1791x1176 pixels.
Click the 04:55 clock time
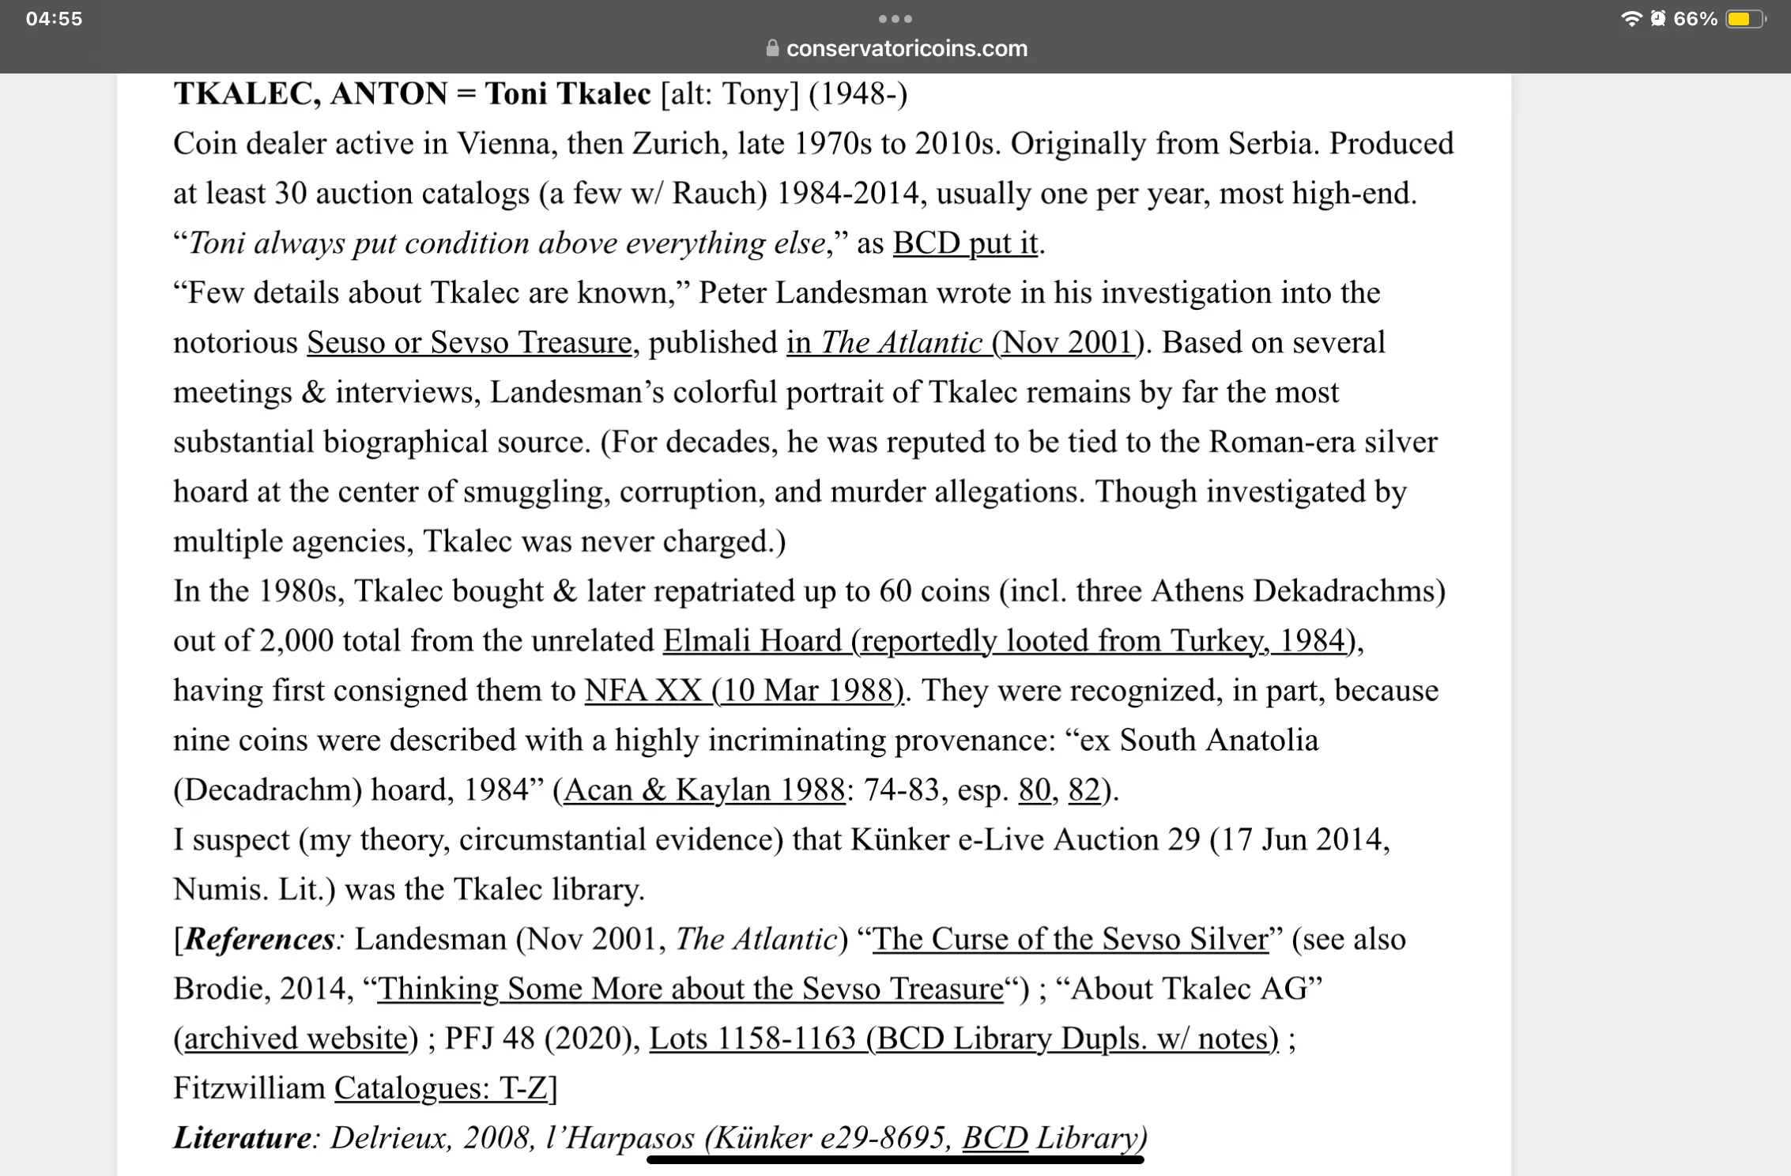pos(54,19)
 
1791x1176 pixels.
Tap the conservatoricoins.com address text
pos(907,49)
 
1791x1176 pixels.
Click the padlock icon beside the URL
pos(772,49)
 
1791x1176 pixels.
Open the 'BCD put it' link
pos(965,243)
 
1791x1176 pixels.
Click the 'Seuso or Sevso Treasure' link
pos(469,343)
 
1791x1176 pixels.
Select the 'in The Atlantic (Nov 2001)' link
pos(960,343)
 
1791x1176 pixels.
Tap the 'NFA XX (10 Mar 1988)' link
pos(743,691)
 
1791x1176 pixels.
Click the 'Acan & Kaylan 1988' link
pos(703,790)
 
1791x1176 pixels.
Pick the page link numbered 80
pos(1034,790)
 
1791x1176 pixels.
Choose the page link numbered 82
pos(1084,790)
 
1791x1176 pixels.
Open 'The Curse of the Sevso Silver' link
pos(1070,940)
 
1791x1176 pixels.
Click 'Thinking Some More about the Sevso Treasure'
pos(690,989)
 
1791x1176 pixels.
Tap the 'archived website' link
pos(296,1039)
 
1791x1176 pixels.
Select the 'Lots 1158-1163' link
pos(963,1039)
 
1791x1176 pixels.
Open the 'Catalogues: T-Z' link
pos(441,1089)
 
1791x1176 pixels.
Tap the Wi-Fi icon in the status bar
pos(1631,19)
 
